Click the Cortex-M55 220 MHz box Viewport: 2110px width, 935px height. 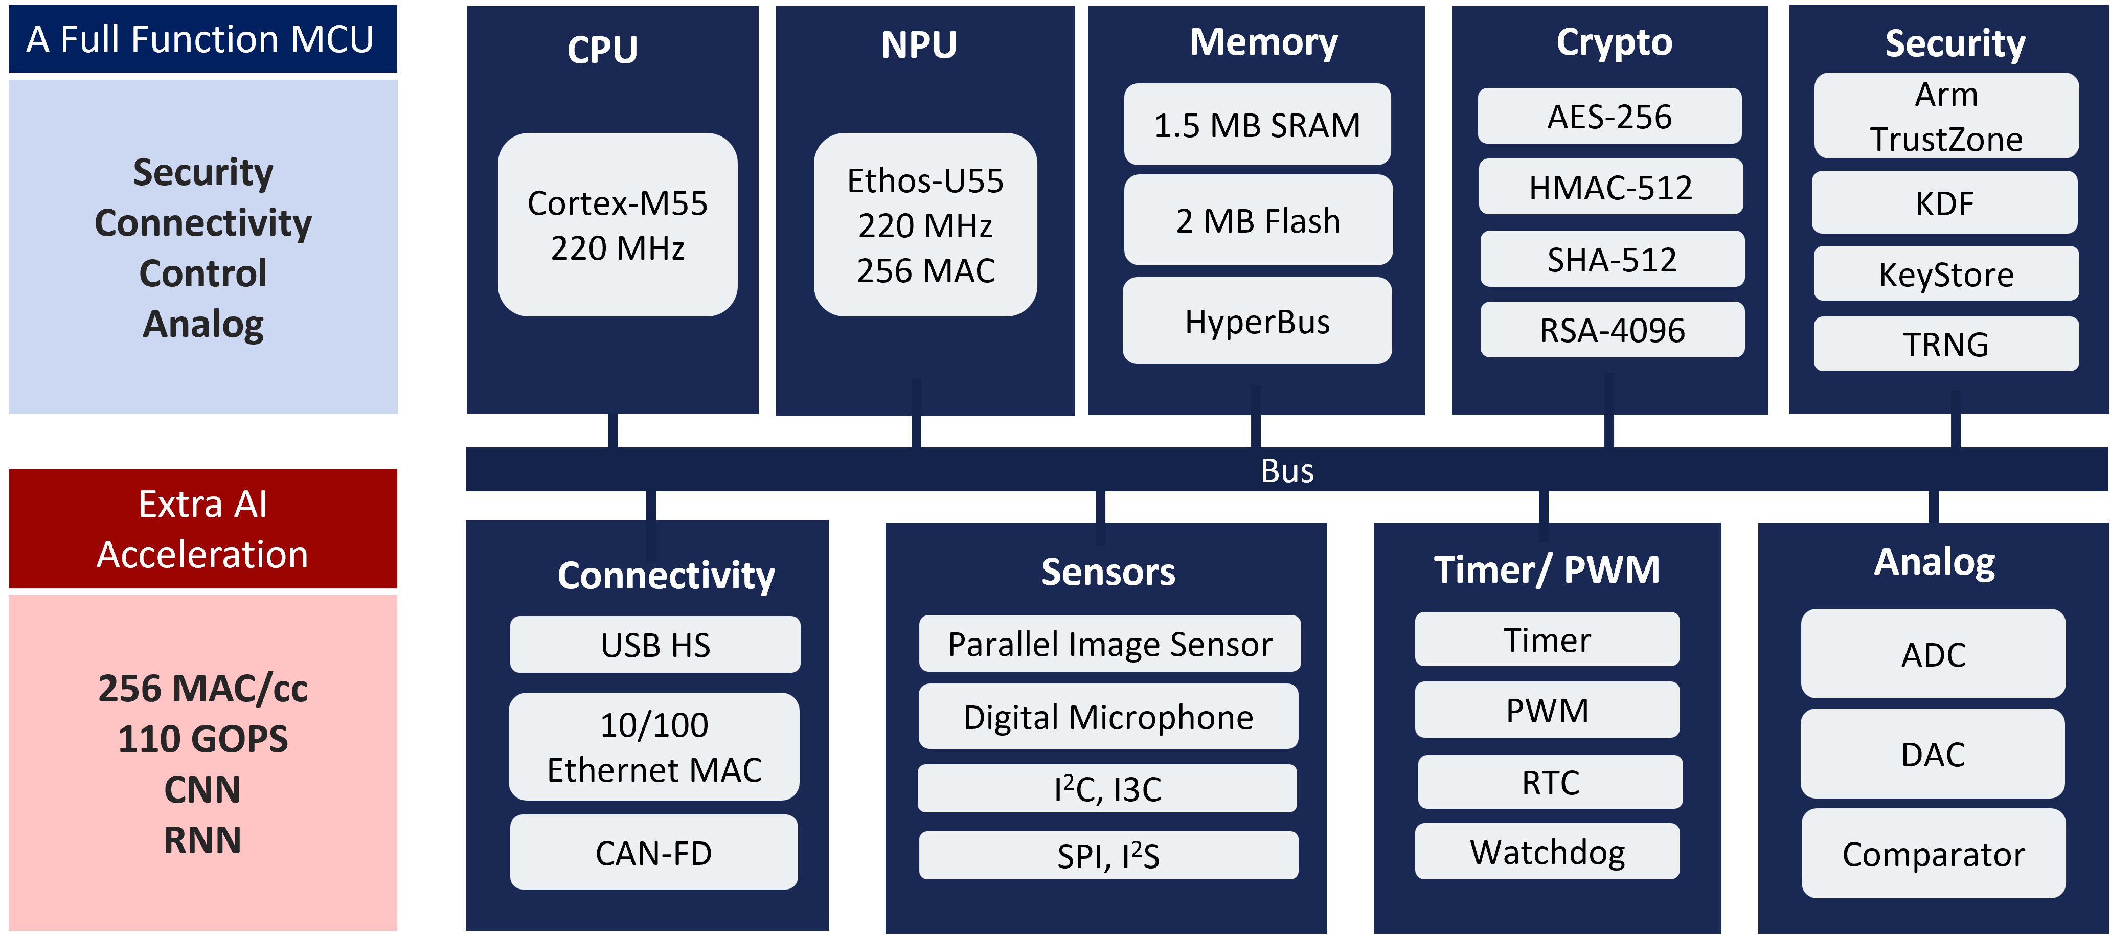tap(618, 225)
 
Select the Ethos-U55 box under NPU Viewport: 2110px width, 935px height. tap(925, 225)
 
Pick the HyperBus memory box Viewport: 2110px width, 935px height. tap(1257, 321)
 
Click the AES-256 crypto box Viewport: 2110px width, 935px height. tap(1609, 116)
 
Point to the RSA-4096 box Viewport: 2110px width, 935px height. tap(1612, 330)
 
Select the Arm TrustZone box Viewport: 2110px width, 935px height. tap(1946, 116)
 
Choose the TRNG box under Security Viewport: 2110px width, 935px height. tap(1946, 344)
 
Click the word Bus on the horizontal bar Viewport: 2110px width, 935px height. tap(1287, 471)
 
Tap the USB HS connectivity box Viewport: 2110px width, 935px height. tap(655, 645)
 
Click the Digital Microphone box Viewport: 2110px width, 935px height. tap(1108, 717)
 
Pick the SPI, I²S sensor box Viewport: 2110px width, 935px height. tap(1108, 856)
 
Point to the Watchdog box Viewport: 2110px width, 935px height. tap(1547, 852)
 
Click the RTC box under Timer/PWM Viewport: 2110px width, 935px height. tap(1550, 782)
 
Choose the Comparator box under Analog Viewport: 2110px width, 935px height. tap(1933, 854)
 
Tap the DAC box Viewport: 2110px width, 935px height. tap(1933, 754)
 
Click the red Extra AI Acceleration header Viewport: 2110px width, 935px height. tap(203, 529)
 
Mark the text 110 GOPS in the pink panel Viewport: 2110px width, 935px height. tap(203, 739)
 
